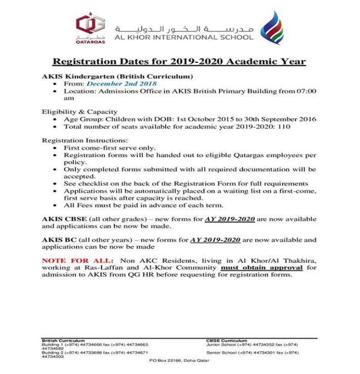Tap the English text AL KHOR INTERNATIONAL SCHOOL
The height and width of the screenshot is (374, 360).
pyautogui.click(x=184, y=37)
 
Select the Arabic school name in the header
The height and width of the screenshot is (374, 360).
pyautogui.click(x=184, y=27)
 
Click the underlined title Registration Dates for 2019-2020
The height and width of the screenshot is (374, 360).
pyautogui.click(x=180, y=62)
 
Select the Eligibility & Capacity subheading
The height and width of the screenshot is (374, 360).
pyautogui.click(x=79, y=112)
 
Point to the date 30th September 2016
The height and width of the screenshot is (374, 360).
pyautogui.click(x=281, y=119)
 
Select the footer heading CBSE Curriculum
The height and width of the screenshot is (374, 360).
pyautogui.click(x=227, y=341)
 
